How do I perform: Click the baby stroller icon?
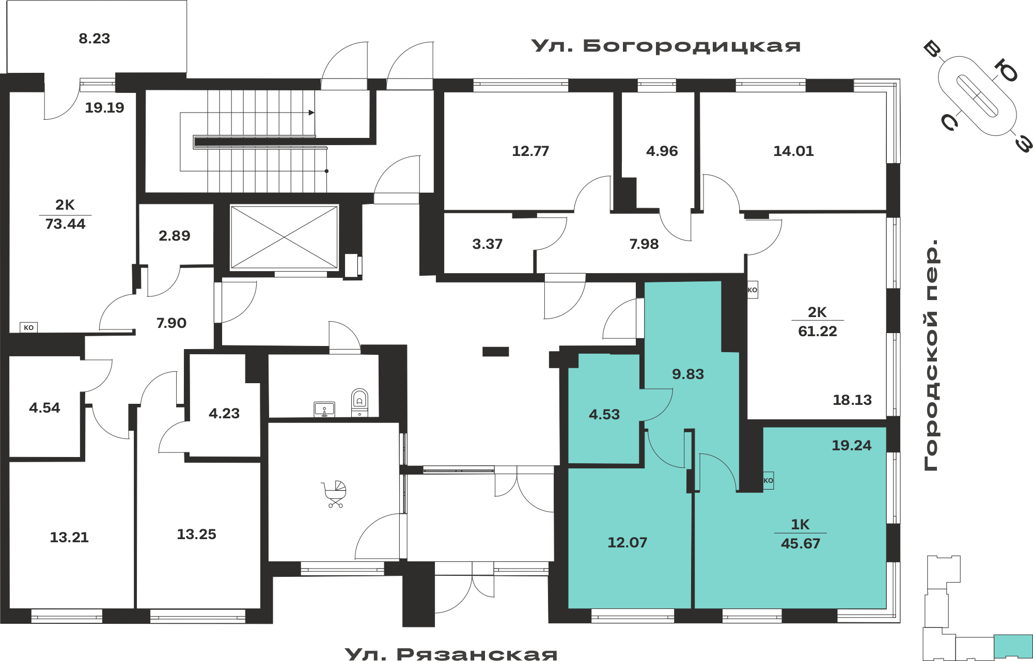pyautogui.click(x=334, y=494)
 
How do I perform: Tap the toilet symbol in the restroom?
pyautogui.click(x=359, y=402)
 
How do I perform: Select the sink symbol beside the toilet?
pyautogui.click(x=324, y=409)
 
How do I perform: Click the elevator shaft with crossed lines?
pyautogui.click(x=284, y=237)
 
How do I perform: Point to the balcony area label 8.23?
pyautogui.click(x=95, y=39)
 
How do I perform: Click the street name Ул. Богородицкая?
pyautogui.click(x=666, y=46)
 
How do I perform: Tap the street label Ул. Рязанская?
pyautogui.click(x=451, y=654)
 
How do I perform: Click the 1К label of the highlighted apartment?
pyautogui.click(x=800, y=524)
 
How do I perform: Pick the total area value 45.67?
pyautogui.click(x=801, y=543)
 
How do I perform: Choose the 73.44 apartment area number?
pyautogui.click(x=65, y=224)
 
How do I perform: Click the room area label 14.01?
pyautogui.click(x=793, y=151)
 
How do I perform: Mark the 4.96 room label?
pyautogui.click(x=662, y=151)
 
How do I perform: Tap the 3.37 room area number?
pyautogui.click(x=487, y=244)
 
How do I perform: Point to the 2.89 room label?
pyautogui.click(x=174, y=235)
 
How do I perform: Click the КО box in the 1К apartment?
pyautogui.click(x=768, y=480)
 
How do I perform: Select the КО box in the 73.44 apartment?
pyautogui.click(x=28, y=327)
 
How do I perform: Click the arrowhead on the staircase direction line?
pyautogui.click(x=311, y=113)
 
